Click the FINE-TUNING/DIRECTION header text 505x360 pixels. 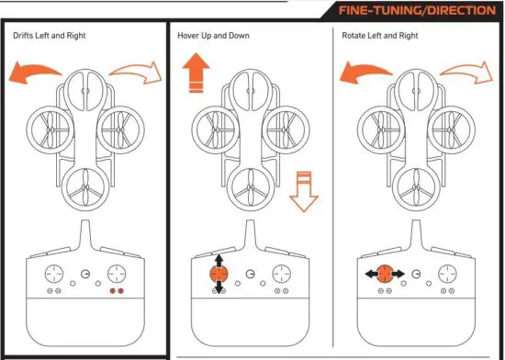417,11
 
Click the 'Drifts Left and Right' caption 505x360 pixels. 51,36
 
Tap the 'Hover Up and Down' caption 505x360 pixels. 212,36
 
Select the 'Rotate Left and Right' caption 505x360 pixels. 379,36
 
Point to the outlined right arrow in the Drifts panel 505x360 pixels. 136,69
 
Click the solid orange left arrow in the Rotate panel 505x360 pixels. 365,71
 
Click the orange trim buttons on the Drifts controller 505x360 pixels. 116,289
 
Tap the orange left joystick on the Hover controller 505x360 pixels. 218,273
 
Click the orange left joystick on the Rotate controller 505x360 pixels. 385,273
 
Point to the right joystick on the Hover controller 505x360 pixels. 280,273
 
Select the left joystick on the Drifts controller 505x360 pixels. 53,273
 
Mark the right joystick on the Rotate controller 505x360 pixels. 447,273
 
